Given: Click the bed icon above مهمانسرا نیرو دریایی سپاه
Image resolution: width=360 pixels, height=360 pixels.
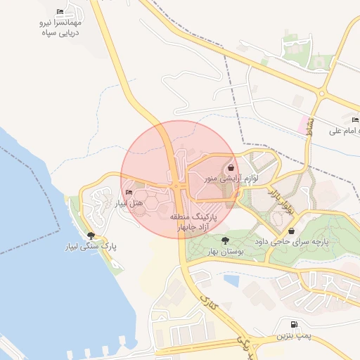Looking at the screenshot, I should tap(60, 13).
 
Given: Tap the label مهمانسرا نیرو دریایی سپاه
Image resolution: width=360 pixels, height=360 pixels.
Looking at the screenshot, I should tap(60, 27).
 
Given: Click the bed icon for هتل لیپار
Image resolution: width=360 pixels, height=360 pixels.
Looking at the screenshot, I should tap(128, 193).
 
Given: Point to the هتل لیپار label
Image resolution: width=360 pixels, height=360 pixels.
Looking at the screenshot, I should tap(129, 203).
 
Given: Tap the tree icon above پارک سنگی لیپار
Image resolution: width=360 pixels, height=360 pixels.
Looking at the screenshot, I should tap(90, 236).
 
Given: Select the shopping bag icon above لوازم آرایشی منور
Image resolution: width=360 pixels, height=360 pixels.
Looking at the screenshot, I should tap(232, 167).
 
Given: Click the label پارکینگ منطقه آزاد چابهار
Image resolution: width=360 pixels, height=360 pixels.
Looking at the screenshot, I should tap(194, 224).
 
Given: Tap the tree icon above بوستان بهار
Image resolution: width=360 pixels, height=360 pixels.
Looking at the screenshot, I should tap(225, 240).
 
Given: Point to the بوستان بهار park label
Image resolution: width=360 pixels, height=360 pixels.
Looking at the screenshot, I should tap(225, 251).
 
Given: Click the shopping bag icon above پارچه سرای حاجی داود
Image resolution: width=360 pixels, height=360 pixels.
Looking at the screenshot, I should tap(291, 230).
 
